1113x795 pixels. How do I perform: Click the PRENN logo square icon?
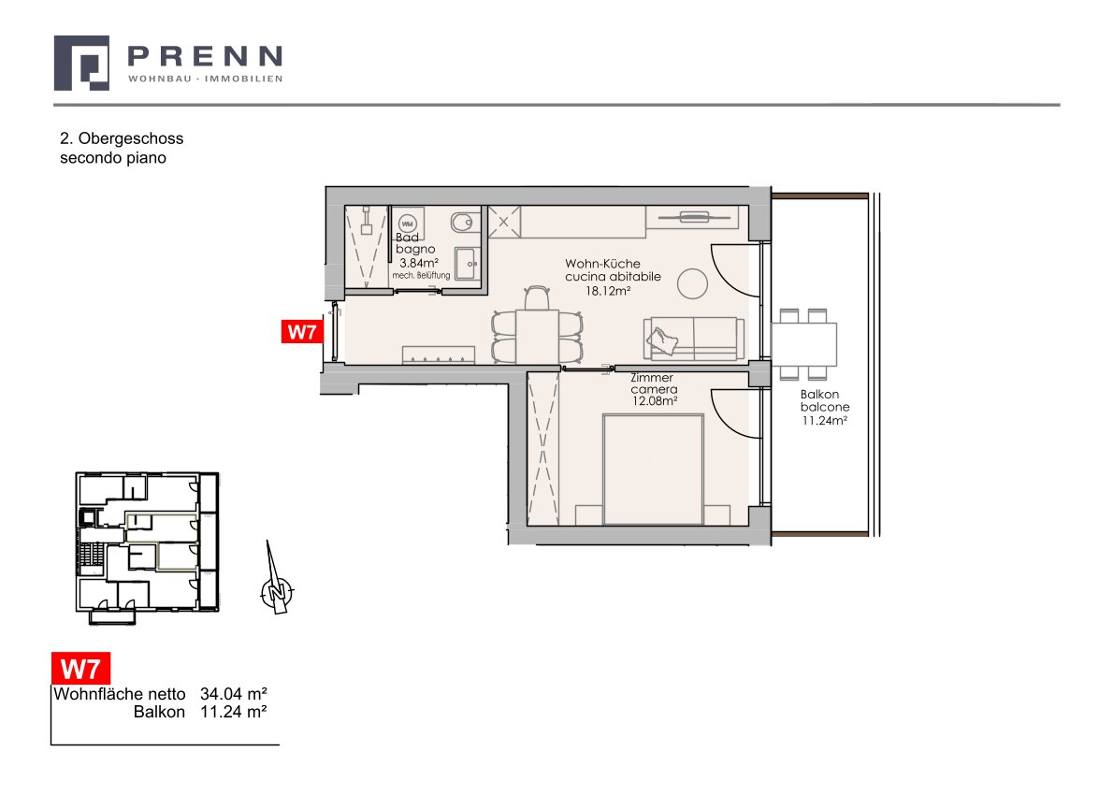click(81, 64)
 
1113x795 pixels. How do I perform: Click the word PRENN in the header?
click(205, 55)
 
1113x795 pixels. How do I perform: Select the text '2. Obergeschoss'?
click(122, 138)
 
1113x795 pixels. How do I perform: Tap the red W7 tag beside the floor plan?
click(302, 331)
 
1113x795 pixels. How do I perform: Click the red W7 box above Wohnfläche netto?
click(81, 669)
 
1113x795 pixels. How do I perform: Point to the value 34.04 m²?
click(234, 693)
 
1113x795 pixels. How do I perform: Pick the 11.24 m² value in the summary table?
click(234, 712)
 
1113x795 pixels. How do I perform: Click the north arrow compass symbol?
click(276, 582)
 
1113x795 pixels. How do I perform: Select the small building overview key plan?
click(147, 546)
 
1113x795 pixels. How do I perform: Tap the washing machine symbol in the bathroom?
click(408, 223)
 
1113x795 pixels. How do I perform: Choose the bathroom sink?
click(467, 264)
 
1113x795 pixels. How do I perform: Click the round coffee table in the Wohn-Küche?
click(692, 284)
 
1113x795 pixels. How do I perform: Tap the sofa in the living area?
click(694, 339)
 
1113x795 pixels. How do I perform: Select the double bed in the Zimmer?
click(653, 470)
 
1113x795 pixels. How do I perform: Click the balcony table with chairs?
click(803, 344)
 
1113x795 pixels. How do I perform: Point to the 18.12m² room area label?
click(608, 291)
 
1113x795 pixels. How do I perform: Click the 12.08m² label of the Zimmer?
click(655, 401)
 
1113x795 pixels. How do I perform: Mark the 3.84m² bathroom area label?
click(419, 263)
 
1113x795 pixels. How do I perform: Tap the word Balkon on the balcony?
click(820, 395)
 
